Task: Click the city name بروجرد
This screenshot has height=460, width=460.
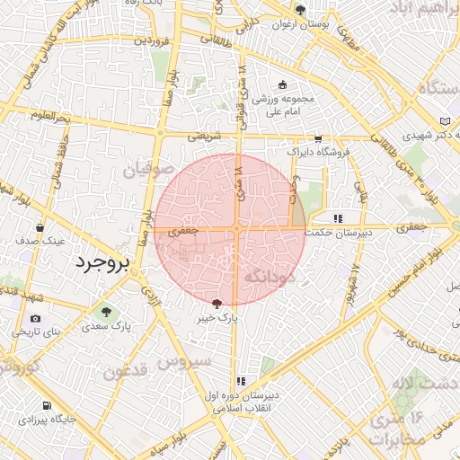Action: pos(102,263)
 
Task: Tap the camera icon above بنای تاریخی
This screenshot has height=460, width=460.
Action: pos(35,318)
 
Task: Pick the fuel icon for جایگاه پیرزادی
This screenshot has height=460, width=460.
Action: pos(47,405)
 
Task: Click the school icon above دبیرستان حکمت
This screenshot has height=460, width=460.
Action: pos(338,218)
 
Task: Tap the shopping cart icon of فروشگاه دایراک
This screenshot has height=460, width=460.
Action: pos(317,139)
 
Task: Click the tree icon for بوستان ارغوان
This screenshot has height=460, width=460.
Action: pos(300,11)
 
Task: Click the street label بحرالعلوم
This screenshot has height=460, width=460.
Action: pos(49,116)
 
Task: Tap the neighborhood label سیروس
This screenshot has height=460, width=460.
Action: pos(184,359)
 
